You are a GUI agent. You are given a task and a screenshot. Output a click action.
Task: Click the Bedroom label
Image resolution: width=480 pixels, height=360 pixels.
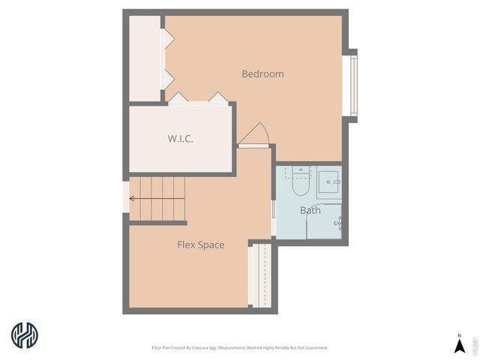(x=262, y=73)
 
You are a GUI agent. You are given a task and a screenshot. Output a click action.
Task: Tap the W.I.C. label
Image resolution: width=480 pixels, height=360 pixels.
(x=180, y=139)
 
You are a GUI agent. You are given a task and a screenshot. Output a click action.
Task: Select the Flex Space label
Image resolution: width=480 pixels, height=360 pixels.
(x=200, y=244)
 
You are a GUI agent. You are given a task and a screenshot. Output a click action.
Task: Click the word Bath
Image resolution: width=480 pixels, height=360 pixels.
(x=310, y=210)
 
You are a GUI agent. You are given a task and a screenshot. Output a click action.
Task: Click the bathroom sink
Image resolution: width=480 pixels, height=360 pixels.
(x=329, y=180)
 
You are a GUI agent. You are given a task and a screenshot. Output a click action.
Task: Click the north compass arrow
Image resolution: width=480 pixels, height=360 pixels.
(x=459, y=345)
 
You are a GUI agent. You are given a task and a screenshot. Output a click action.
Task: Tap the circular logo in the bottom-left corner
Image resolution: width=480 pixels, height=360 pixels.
(x=25, y=334)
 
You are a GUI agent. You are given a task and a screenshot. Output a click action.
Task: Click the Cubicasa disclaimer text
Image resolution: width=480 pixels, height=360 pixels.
(x=240, y=348)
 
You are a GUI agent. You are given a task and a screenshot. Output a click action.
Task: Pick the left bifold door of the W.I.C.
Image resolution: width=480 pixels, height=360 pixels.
(x=178, y=98)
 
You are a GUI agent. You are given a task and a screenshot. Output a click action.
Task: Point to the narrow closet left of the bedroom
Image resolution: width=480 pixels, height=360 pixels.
(x=145, y=58)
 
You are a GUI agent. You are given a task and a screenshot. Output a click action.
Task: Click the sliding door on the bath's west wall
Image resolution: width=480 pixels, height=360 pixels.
(x=274, y=218)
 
